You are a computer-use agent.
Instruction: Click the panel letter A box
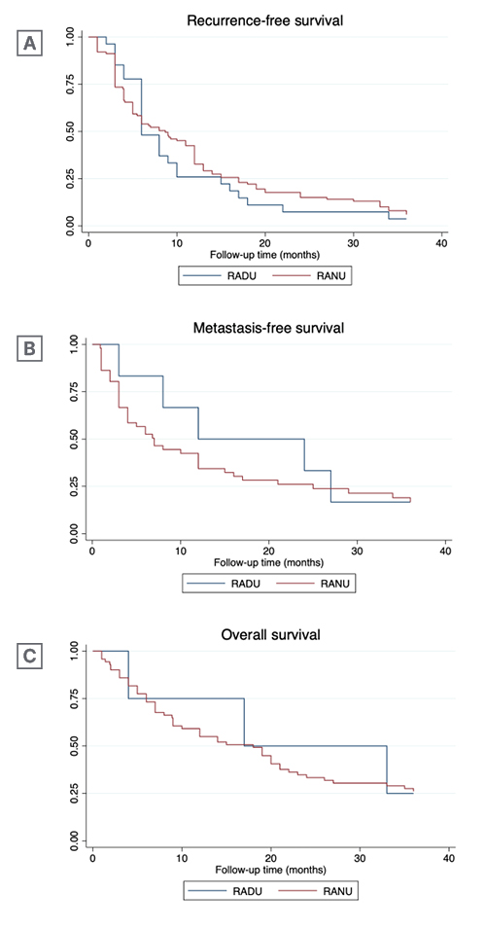[30, 44]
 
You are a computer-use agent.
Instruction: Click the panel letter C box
[30, 656]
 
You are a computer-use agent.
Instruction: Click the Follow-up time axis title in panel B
[268, 562]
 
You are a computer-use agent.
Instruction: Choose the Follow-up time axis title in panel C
[269, 870]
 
